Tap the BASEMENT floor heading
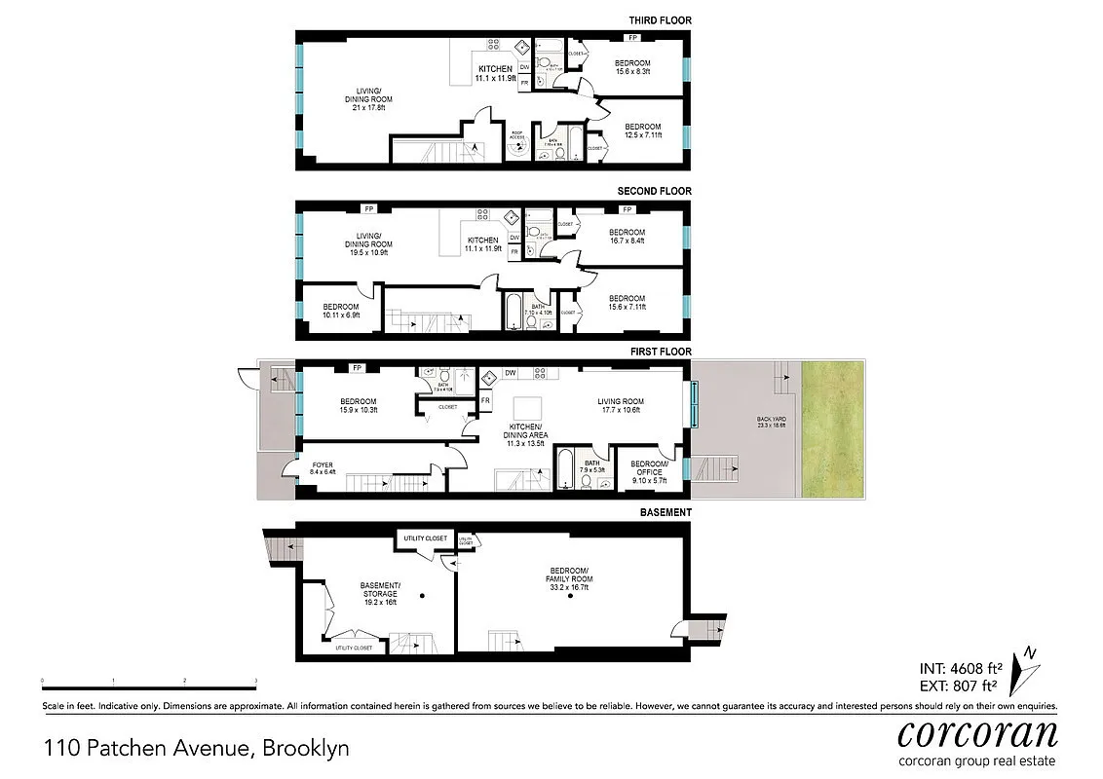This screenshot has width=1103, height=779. click(666, 512)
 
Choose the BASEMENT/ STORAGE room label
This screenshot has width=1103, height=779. click(381, 589)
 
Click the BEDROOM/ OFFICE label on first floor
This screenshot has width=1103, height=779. click(649, 468)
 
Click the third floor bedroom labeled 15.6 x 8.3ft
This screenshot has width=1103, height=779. click(632, 67)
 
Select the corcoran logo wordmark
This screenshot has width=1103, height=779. click(977, 732)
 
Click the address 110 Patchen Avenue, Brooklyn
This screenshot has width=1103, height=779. click(196, 749)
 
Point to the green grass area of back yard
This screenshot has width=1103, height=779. click(831, 428)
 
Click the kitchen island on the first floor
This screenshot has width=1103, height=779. click(527, 407)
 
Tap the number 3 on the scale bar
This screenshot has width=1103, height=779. click(256, 681)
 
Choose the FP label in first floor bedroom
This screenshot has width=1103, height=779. click(358, 368)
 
